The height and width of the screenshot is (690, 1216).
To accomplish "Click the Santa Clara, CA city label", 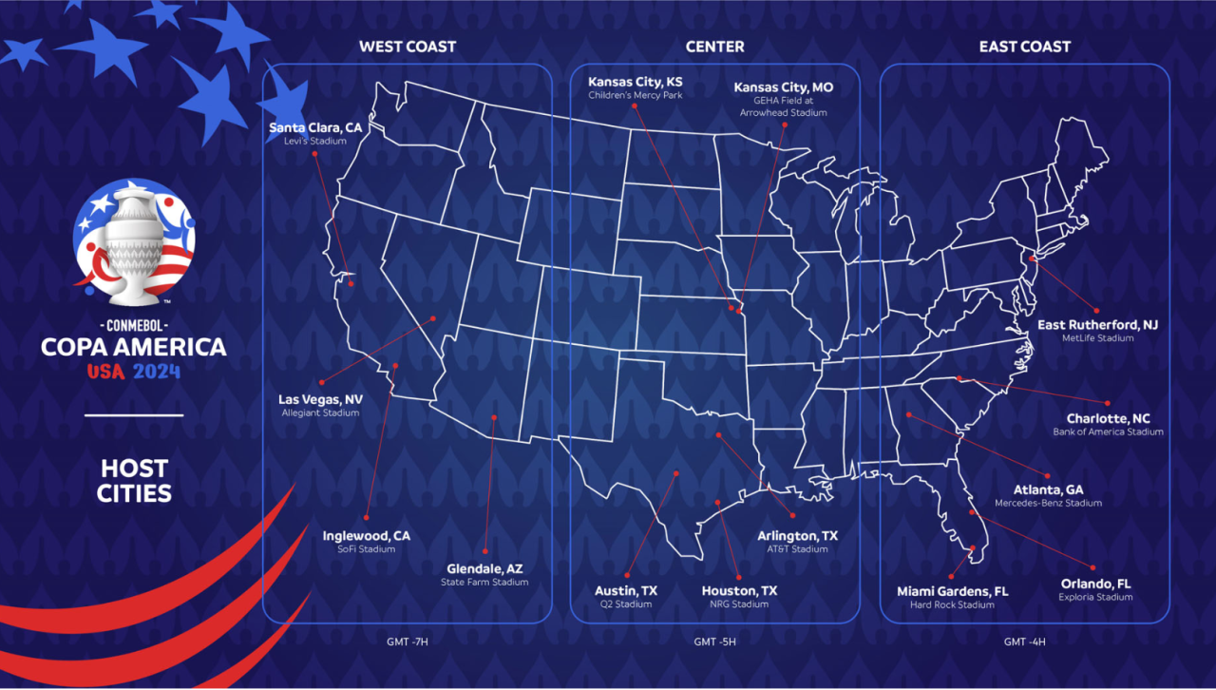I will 315,127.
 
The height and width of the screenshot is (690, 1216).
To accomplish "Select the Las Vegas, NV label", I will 320,399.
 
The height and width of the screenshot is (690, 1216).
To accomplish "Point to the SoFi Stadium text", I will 366,549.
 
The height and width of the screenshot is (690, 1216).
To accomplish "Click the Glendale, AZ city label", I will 484,568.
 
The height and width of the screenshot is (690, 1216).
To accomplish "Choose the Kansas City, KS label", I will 635,82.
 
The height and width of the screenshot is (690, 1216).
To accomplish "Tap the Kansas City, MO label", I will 784,87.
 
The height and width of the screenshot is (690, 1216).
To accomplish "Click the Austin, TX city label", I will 625,590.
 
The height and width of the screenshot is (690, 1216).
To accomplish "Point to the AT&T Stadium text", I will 797,549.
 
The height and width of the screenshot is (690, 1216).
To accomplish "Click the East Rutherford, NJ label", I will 1097,324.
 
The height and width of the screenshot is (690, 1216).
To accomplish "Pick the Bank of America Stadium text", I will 1108,432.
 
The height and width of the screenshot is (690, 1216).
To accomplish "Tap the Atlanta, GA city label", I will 1048,489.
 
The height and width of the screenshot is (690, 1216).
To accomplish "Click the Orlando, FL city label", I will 1095,584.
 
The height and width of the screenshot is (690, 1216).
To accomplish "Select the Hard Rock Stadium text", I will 952,604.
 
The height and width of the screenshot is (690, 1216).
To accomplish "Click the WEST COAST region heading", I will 408,47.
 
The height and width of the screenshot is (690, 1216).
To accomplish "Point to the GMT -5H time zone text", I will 714,642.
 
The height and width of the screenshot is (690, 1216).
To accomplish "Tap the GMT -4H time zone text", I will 1025,642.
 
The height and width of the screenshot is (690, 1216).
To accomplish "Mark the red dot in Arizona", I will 494,417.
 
